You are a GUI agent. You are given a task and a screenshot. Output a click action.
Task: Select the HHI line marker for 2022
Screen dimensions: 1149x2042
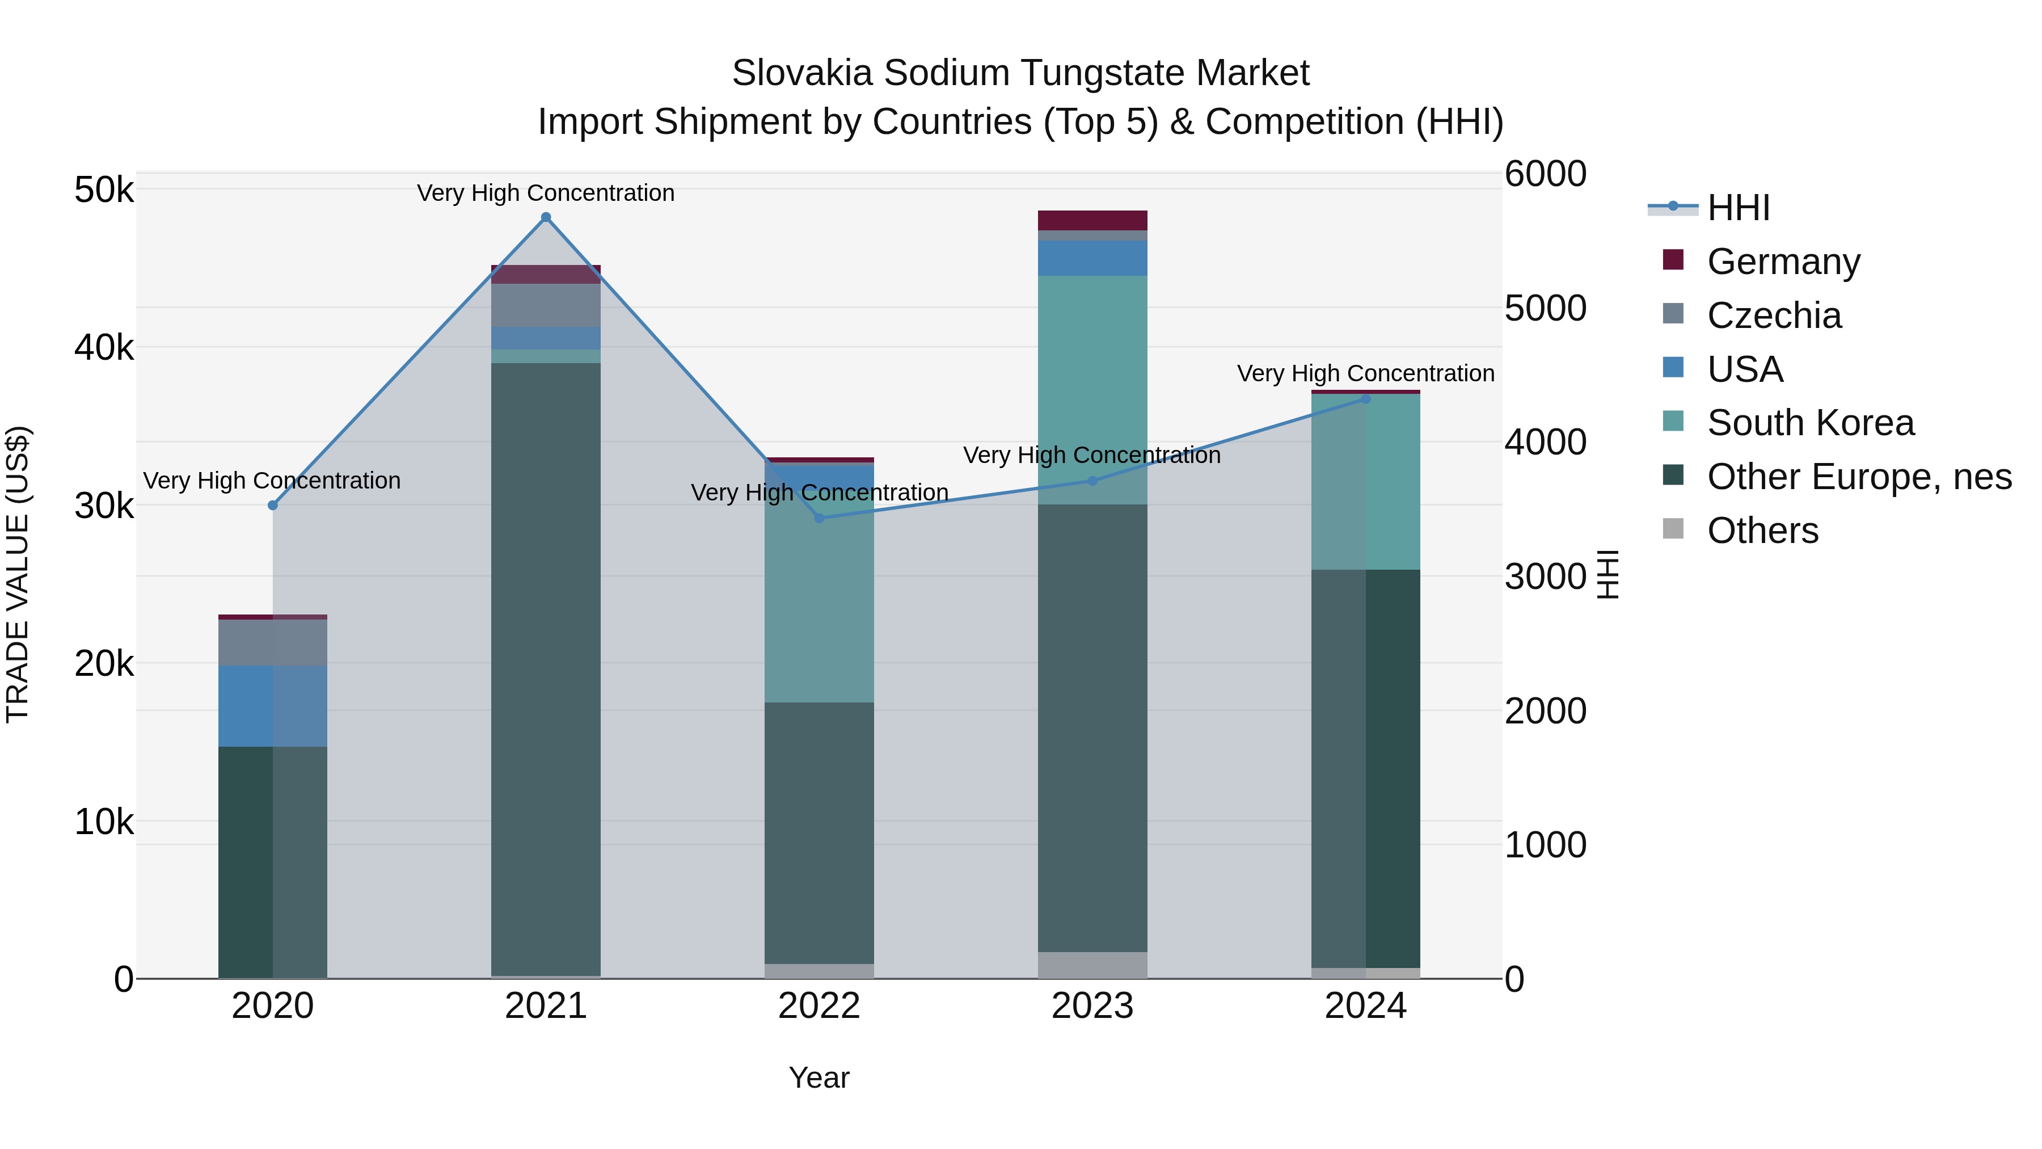820,518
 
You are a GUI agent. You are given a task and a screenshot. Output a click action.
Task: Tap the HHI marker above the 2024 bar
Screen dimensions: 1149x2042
1365,399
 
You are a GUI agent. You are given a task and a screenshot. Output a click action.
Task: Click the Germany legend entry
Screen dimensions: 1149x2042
1783,262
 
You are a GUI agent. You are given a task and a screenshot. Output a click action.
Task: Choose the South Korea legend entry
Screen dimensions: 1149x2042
1810,423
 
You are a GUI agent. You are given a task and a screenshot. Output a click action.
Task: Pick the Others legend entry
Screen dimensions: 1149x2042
1762,531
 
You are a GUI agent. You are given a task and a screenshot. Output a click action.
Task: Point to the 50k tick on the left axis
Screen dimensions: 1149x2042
104,190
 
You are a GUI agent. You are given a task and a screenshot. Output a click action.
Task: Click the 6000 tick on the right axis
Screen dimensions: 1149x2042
1545,174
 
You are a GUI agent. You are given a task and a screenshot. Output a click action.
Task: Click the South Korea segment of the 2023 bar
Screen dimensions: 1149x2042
1092,389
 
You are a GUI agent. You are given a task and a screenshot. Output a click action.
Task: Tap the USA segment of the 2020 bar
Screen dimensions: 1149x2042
273,706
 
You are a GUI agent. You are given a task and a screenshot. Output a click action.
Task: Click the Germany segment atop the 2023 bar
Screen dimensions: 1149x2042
1092,221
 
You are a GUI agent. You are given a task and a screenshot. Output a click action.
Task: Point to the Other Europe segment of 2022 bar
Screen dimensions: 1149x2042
819,832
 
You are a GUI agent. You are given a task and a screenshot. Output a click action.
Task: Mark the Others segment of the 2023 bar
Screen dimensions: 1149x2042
1092,965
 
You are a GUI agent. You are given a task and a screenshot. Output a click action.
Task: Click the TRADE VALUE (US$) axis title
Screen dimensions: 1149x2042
18,574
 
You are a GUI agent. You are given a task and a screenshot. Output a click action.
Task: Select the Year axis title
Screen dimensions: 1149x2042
819,1078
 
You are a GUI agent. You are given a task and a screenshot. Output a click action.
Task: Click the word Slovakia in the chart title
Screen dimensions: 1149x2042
801,73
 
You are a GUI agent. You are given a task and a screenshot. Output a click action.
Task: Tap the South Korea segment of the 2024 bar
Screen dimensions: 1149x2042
1365,482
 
